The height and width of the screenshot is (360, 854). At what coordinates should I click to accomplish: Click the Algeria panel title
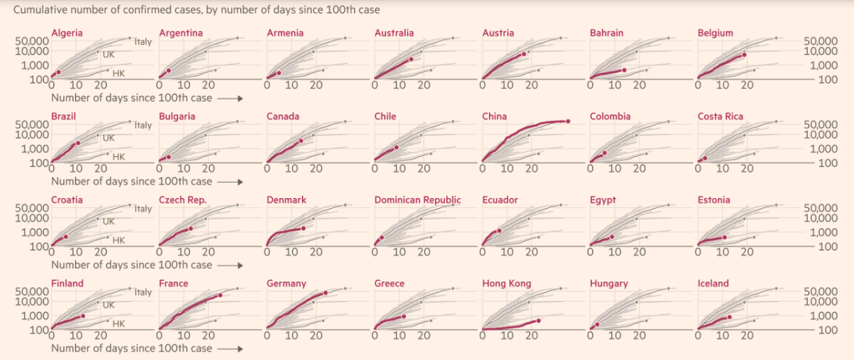(x=67, y=33)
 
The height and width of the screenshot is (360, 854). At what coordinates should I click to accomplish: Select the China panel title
(x=494, y=116)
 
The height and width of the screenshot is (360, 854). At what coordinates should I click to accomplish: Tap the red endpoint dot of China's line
(x=567, y=121)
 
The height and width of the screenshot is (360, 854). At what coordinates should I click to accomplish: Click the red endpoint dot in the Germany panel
(x=326, y=293)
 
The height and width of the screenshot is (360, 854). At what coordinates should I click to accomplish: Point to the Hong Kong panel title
(x=507, y=284)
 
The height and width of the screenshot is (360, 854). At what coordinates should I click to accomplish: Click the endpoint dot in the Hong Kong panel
(x=539, y=321)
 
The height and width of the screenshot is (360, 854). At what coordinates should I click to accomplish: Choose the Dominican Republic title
(x=418, y=200)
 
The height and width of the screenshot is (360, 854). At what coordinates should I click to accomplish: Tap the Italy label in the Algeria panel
(x=143, y=42)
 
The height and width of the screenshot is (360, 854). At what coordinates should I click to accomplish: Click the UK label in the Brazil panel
(x=109, y=138)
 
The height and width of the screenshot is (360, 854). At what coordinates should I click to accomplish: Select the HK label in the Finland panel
(x=118, y=324)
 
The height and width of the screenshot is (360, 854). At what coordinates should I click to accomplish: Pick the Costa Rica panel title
(x=720, y=116)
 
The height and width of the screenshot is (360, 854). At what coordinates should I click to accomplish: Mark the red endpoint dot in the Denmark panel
(x=303, y=228)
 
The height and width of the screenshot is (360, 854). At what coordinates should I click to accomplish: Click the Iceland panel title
(x=713, y=284)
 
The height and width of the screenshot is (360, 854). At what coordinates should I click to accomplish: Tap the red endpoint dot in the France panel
(x=220, y=295)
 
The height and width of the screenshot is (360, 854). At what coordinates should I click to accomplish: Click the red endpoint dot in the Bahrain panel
(x=624, y=69)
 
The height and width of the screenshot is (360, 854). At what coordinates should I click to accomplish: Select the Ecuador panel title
(x=500, y=200)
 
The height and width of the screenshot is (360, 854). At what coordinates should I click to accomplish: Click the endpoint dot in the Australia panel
(x=411, y=59)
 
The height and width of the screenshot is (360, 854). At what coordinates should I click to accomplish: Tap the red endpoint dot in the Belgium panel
(x=744, y=55)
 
